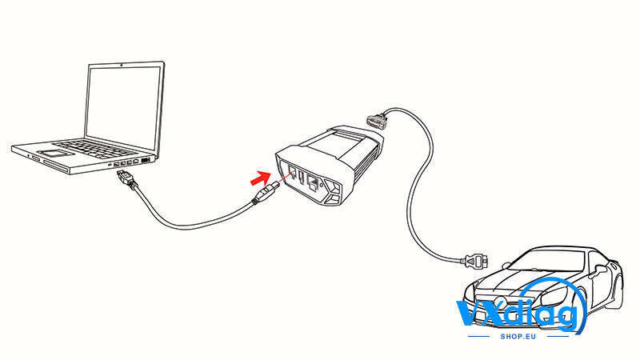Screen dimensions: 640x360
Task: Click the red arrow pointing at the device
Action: pos(261,178)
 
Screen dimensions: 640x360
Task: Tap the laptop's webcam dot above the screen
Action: pos(122,64)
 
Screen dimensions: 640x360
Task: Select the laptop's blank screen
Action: pos(123,106)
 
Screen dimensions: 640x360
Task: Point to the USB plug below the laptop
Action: pos(123,178)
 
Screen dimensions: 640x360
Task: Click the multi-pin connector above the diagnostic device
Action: pos(375,122)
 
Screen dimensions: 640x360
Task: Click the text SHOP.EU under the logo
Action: pos(518,337)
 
